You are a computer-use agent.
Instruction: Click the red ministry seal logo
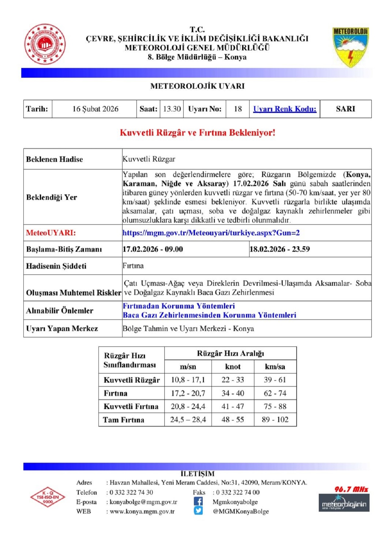pos(45,44)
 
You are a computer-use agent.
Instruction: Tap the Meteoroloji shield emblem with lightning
pos(350,47)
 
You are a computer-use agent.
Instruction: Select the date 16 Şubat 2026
pos(95,109)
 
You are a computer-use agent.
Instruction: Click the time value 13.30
pos(172,109)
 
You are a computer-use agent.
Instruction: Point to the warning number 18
pos(238,109)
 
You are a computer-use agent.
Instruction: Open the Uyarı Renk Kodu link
pos(285,109)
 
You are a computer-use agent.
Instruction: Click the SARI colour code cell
pos(346,109)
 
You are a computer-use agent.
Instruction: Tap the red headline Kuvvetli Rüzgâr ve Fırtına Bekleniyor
pos(198,133)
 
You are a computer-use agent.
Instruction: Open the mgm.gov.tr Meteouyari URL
pos(211,233)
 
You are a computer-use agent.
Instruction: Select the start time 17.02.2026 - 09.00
pos(153,249)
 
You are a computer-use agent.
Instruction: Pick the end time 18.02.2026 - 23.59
pos(280,249)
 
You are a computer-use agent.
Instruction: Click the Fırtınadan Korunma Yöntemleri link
pos(179,306)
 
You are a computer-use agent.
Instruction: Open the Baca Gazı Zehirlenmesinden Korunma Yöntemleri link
pos(209,315)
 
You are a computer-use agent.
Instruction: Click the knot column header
pos(233,367)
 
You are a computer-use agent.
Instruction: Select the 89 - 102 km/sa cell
pos(275,420)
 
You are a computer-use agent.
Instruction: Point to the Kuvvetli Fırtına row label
pos(131,406)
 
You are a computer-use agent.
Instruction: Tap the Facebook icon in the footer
pos(198,501)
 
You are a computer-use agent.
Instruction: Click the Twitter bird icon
pos(198,511)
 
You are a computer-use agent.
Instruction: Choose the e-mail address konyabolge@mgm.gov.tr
pos(143,502)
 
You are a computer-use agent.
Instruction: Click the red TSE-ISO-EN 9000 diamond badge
pos(48,497)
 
